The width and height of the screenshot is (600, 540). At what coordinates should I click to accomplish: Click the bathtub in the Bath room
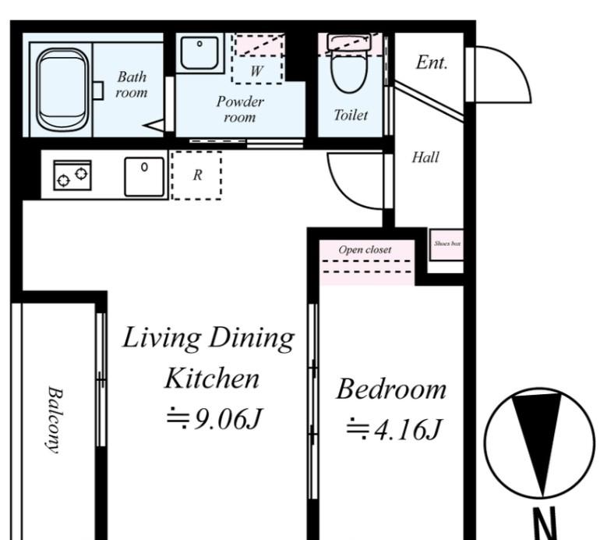tap(62, 88)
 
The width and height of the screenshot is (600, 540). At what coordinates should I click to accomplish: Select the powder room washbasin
tap(199, 53)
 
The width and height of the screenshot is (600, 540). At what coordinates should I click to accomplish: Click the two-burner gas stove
tap(72, 175)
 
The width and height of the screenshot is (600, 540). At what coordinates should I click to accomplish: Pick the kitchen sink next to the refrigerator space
tap(144, 176)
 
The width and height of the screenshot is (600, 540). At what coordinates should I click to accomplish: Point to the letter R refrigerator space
tap(197, 175)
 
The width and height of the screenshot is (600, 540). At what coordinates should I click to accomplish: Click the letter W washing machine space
tap(256, 71)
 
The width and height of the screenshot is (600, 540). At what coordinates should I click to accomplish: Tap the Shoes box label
tap(447, 243)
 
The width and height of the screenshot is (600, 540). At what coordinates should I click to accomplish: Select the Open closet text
tap(365, 250)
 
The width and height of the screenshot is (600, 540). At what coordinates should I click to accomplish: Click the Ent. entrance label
tap(432, 62)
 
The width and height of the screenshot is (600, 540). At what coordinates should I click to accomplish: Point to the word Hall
tap(425, 157)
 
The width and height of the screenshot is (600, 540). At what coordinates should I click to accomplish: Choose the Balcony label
tap(55, 420)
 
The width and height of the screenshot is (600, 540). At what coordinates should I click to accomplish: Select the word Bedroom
tap(391, 389)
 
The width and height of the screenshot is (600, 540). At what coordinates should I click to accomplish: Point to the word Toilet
tap(351, 115)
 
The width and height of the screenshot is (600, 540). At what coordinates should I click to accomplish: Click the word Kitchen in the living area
tap(212, 378)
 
